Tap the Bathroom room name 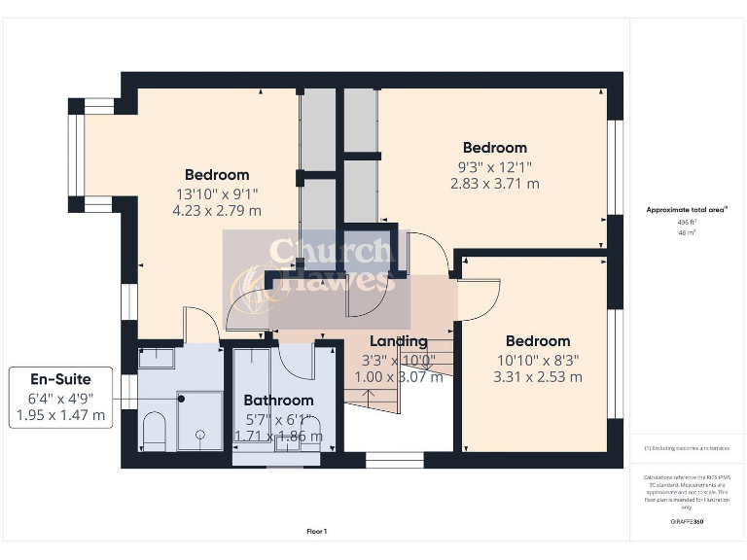[278, 400]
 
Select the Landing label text [399, 341]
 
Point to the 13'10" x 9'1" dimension [217, 193]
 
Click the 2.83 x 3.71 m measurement [494, 183]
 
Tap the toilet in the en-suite [154, 431]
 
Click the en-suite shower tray [198, 421]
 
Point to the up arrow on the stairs [368, 398]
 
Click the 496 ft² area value [687, 222]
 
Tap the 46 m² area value [687, 233]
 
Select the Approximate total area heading [687, 209]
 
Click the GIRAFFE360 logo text [687, 522]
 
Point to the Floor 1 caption [317, 532]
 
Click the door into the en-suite [200, 325]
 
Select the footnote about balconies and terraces [687, 448]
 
